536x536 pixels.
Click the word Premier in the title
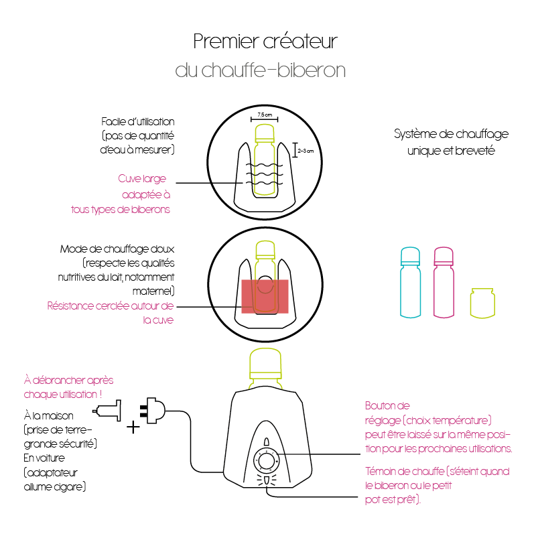pyautogui.click(x=226, y=42)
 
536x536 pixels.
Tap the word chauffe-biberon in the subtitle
pyautogui.click(x=273, y=70)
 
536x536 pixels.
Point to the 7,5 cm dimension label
pyautogui.click(x=265, y=115)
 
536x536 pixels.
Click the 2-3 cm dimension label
pyautogui.click(x=306, y=151)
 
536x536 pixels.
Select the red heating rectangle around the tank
pyautogui.click(x=265, y=296)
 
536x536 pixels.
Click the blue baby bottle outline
pyautogui.click(x=410, y=282)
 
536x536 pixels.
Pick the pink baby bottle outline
pyautogui.click(x=444, y=282)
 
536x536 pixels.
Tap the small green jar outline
pyautogui.click(x=482, y=303)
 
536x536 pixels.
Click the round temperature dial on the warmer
pyautogui.click(x=266, y=460)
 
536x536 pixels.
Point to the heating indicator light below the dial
pyautogui.click(x=267, y=480)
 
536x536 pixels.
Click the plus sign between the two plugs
pyautogui.click(x=133, y=427)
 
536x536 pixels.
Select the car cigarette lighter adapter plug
pyautogui.click(x=107, y=411)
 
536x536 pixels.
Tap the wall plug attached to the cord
pyautogui.click(x=153, y=410)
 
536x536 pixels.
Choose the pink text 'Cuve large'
pyautogui.click(x=142, y=179)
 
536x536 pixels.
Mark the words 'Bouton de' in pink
pyautogui.click(x=387, y=406)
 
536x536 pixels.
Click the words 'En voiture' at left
pyautogui.click(x=44, y=458)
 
